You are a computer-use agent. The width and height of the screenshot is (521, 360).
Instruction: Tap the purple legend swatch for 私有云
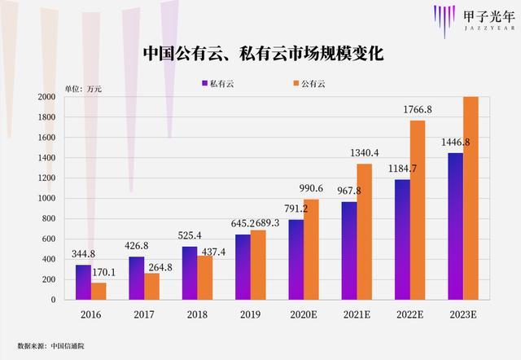coord(204,83)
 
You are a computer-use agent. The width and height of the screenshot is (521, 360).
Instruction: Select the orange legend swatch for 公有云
coord(294,83)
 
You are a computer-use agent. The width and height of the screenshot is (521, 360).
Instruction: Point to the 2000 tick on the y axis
coord(46,97)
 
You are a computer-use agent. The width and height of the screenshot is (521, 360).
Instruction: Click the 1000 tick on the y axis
coord(46,199)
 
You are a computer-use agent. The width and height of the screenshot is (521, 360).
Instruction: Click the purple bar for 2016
coord(84,282)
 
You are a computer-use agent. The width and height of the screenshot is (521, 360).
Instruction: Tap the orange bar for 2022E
coord(417,210)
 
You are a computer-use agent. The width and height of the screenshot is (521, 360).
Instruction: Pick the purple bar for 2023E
coord(456,226)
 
